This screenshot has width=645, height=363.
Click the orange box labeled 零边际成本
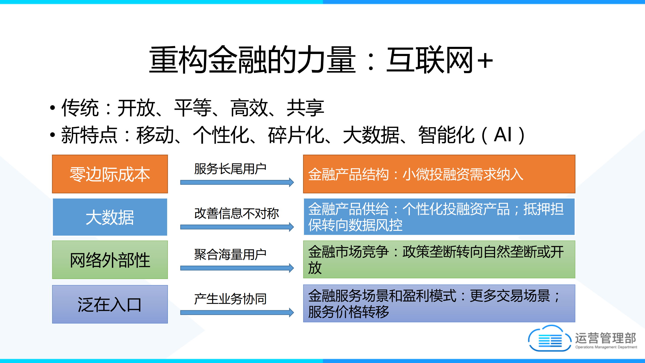tap(110, 174)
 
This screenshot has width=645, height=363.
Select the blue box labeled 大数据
tap(110, 217)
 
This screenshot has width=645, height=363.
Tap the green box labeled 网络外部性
tap(110, 260)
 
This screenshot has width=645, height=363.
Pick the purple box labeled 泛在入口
tap(110, 304)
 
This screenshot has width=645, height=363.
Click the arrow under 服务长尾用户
tap(237, 182)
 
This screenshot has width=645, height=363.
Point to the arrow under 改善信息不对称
tap(237, 227)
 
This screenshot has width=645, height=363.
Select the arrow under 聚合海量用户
tap(237, 268)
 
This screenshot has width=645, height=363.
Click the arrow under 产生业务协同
tap(237, 313)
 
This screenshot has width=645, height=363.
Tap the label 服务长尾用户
tap(230, 169)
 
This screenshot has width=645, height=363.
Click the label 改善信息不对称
tap(236, 213)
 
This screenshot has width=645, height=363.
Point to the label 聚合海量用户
tap(230, 254)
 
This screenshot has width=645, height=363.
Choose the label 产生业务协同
tap(230, 299)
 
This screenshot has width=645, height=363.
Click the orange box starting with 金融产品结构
tap(439, 174)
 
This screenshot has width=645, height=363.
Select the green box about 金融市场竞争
tap(439, 260)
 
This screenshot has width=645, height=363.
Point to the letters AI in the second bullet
tap(503, 135)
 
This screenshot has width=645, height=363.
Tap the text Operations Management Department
tap(606, 347)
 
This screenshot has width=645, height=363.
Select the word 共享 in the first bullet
tap(305, 108)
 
